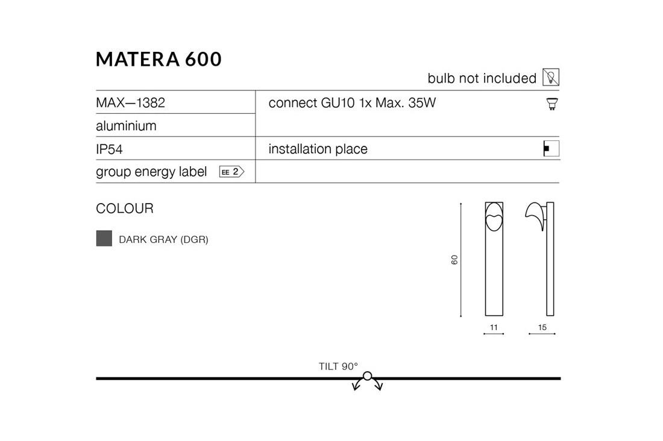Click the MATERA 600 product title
pos(159,59)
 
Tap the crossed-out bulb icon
pos(551,77)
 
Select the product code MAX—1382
pos(130,103)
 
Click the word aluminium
pos(126,125)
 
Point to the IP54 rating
pos(109,149)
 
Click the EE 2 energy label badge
pos(231,172)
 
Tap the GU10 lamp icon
pos(551,104)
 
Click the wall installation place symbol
pos(551,148)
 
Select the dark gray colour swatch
pos(104,239)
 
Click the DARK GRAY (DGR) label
pos(163,239)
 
